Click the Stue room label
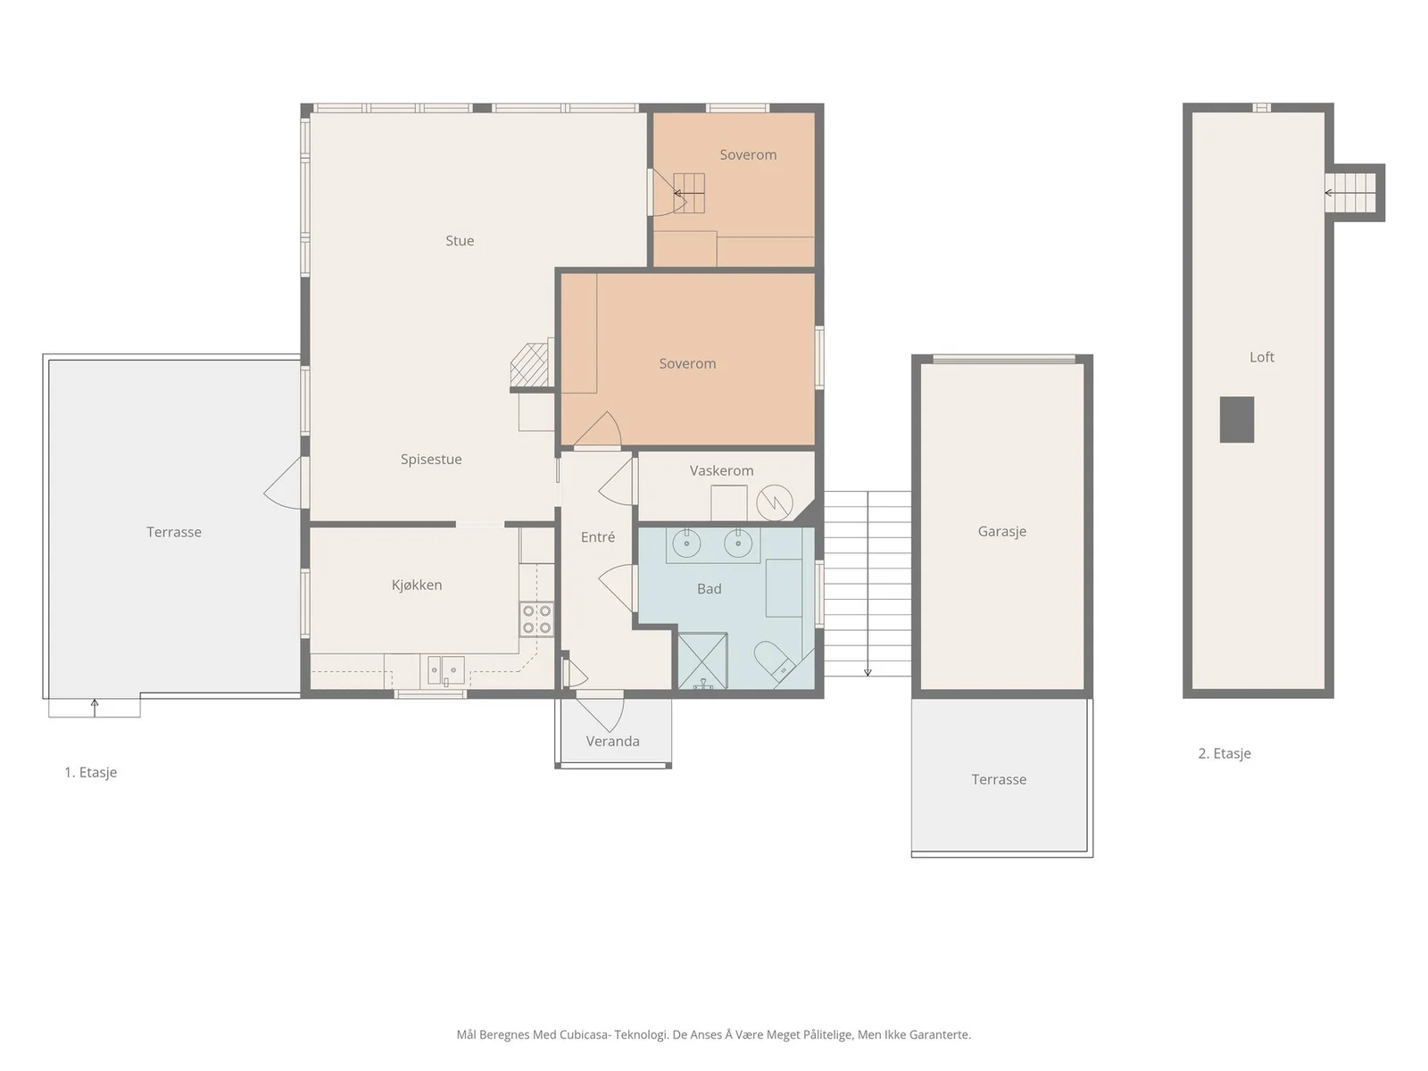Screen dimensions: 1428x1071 point(460,241)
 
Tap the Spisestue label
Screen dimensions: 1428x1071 point(431,459)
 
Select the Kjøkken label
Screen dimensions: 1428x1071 point(417,585)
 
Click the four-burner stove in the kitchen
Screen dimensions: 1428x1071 point(536,619)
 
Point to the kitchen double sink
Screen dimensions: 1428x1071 point(445,670)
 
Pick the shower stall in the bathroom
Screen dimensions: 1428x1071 point(702,660)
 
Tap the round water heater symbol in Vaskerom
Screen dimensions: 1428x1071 point(774,502)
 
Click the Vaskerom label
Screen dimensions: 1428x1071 point(721,470)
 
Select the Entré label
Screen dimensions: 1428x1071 point(597,536)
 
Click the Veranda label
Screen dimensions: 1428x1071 point(612,741)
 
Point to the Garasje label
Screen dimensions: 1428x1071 point(1002,531)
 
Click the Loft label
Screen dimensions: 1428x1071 point(1261,357)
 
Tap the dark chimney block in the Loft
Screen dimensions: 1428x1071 point(1236,419)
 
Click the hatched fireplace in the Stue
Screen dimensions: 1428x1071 point(529,365)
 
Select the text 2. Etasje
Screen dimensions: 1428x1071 point(1225,753)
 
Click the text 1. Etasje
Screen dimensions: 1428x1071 point(90,772)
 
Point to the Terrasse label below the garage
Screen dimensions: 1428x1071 point(999,779)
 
